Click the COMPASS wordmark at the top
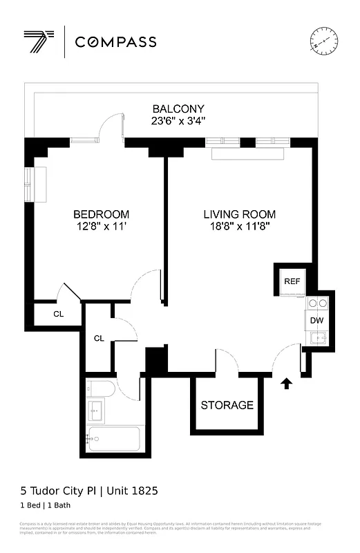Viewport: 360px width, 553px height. point(115,42)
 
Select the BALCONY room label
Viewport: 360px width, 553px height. point(178,109)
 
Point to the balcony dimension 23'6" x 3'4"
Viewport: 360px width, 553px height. point(178,121)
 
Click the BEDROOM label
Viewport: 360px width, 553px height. point(101,214)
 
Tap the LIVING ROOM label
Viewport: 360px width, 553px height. point(239,214)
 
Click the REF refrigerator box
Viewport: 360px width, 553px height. point(292,281)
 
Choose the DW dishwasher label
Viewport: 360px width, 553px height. point(316,320)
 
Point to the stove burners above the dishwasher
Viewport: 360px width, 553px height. point(317,303)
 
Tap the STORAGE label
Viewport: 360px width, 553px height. point(227,405)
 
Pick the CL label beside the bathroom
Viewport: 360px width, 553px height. point(99,338)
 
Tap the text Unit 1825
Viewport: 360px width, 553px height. point(131,491)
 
